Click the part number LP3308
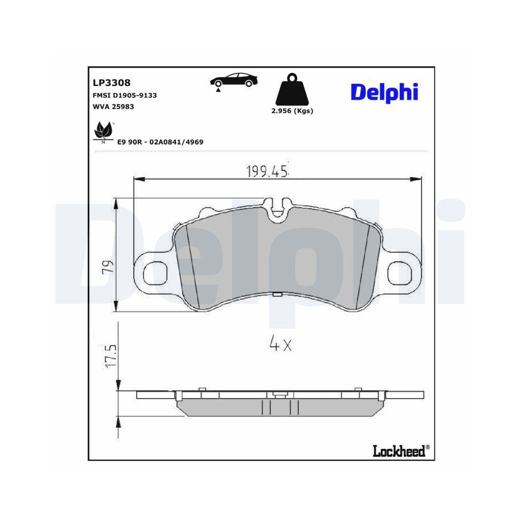coord(111,82)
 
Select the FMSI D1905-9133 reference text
coord(125,95)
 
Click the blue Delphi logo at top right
coord(384,92)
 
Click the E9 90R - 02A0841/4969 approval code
coord(160,142)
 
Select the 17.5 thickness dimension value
coord(110,356)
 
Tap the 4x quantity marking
coord(279,344)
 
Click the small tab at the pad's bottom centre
coord(277,294)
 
